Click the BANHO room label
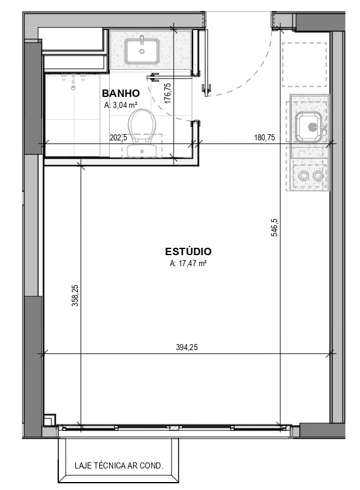tap(121, 93)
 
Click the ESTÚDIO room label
tap(188, 251)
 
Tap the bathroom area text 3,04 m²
tap(121, 105)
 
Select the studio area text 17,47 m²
tap(188, 263)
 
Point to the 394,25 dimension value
tap(187, 347)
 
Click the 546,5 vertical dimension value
tap(274, 227)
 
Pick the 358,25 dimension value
tap(75, 296)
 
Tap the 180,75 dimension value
tap(265, 137)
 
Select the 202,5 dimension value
tap(118, 137)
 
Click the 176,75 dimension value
tap(167, 93)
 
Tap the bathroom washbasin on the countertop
tap(142, 51)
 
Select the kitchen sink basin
tap(308, 127)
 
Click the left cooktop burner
tap(303, 176)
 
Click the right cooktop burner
tap(318, 176)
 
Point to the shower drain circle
tap(74, 88)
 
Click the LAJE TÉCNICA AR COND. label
tap(119, 465)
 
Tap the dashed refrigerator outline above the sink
tap(304, 64)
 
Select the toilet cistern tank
tap(142, 151)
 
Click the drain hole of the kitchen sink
tap(312, 127)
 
